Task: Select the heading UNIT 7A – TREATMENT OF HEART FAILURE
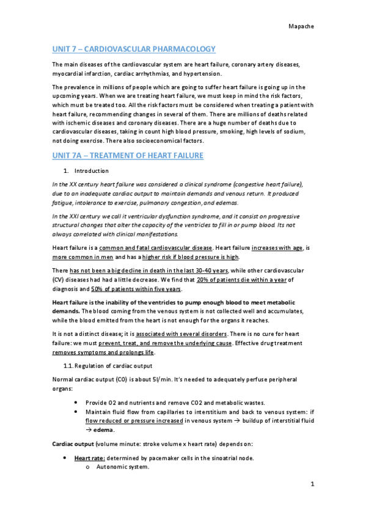(x=128, y=156)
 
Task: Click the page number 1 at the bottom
(x=312, y=484)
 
